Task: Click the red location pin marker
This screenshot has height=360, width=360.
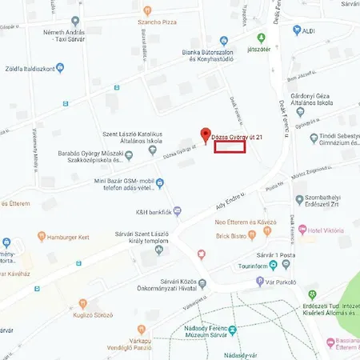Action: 205,135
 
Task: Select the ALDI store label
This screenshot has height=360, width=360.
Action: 317,30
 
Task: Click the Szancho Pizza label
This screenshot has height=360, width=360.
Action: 156,22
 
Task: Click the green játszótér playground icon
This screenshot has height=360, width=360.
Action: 260,38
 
